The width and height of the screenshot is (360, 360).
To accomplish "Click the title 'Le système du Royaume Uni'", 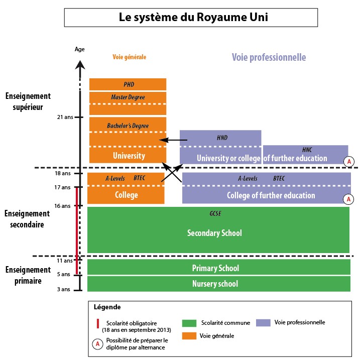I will pyautogui.click(x=191, y=17).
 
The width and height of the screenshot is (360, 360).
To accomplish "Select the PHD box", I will pyautogui.click(x=128, y=84).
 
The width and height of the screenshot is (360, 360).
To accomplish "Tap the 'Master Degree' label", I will pyautogui.click(x=128, y=97).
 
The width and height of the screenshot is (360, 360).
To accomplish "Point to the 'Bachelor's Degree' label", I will pyautogui.click(x=128, y=125).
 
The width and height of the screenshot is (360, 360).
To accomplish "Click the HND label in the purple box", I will pyautogui.click(x=222, y=137).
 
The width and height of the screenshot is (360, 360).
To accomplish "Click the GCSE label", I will pyautogui.click(x=215, y=213).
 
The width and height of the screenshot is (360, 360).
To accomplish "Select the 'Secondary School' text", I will pyautogui.click(x=214, y=233).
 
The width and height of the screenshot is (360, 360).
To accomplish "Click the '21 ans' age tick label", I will pyautogui.click(x=65, y=117).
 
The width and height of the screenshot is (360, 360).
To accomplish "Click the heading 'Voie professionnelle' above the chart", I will pyautogui.click(x=269, y=57).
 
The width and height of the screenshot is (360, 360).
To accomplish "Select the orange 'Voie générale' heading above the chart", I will pyautogui.click(x=129, y=57).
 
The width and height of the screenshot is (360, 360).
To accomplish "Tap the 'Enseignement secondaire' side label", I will pyautogui.click(x=24, y=219).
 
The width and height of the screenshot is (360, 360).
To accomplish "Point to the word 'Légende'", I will pyautogui.click(x=107, y=306).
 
